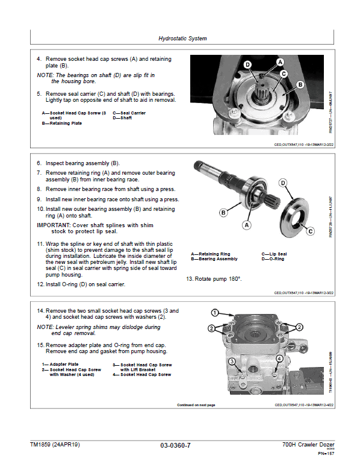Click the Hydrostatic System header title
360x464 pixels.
point(182,39)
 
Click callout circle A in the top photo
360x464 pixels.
point(280,62)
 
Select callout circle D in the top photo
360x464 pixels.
point(247,64)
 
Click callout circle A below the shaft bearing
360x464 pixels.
point(246,225)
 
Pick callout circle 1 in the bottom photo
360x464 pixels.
point(214,312)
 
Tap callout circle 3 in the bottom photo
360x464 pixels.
point(231,361)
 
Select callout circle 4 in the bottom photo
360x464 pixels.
point(279,359)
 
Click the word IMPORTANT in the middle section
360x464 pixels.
point(55,225)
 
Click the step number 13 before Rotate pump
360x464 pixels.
point(190,279)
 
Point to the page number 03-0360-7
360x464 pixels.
point(176,445)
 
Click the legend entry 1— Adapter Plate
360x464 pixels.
point(60,365)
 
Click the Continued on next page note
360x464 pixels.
point(196,405)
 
